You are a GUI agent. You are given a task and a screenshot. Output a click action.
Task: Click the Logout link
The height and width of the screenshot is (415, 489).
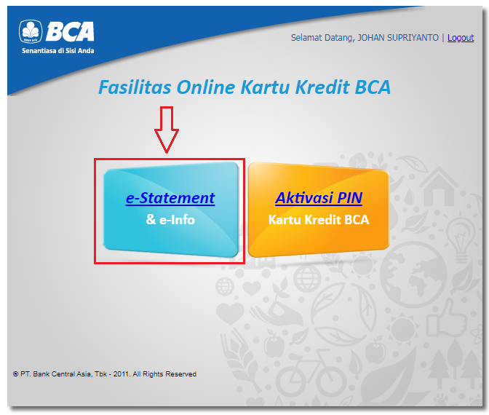point(461,38)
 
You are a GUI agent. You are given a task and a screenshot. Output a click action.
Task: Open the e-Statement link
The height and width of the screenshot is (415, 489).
point(170,198)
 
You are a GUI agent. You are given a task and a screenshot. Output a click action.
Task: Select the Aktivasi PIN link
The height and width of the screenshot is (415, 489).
point(319,198)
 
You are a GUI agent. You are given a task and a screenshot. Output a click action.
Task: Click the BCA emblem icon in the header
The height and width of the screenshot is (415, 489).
point(31,31)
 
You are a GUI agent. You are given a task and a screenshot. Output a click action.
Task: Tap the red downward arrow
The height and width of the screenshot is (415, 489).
point(167,130)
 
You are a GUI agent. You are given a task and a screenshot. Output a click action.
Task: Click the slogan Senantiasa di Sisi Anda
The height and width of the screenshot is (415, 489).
point(57,50)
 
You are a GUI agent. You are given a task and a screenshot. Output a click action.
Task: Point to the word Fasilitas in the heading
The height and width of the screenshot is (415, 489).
point(135,87)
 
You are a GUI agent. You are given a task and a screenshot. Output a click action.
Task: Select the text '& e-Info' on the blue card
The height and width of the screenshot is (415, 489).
point(170,220)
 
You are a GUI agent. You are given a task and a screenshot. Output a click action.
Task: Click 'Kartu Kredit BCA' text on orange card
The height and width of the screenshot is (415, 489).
point(319,220)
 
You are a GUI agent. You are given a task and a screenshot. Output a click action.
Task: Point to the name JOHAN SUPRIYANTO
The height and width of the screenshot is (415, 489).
point(398,38)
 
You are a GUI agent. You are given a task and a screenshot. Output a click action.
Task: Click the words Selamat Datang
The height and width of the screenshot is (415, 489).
point(323,38)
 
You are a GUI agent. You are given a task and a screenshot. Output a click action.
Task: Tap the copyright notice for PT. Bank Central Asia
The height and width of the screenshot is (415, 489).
point(105,373)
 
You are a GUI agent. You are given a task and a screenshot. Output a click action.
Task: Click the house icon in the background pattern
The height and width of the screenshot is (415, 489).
point(439,187)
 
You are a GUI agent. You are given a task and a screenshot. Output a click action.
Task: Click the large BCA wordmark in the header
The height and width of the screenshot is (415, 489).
point(70,31)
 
